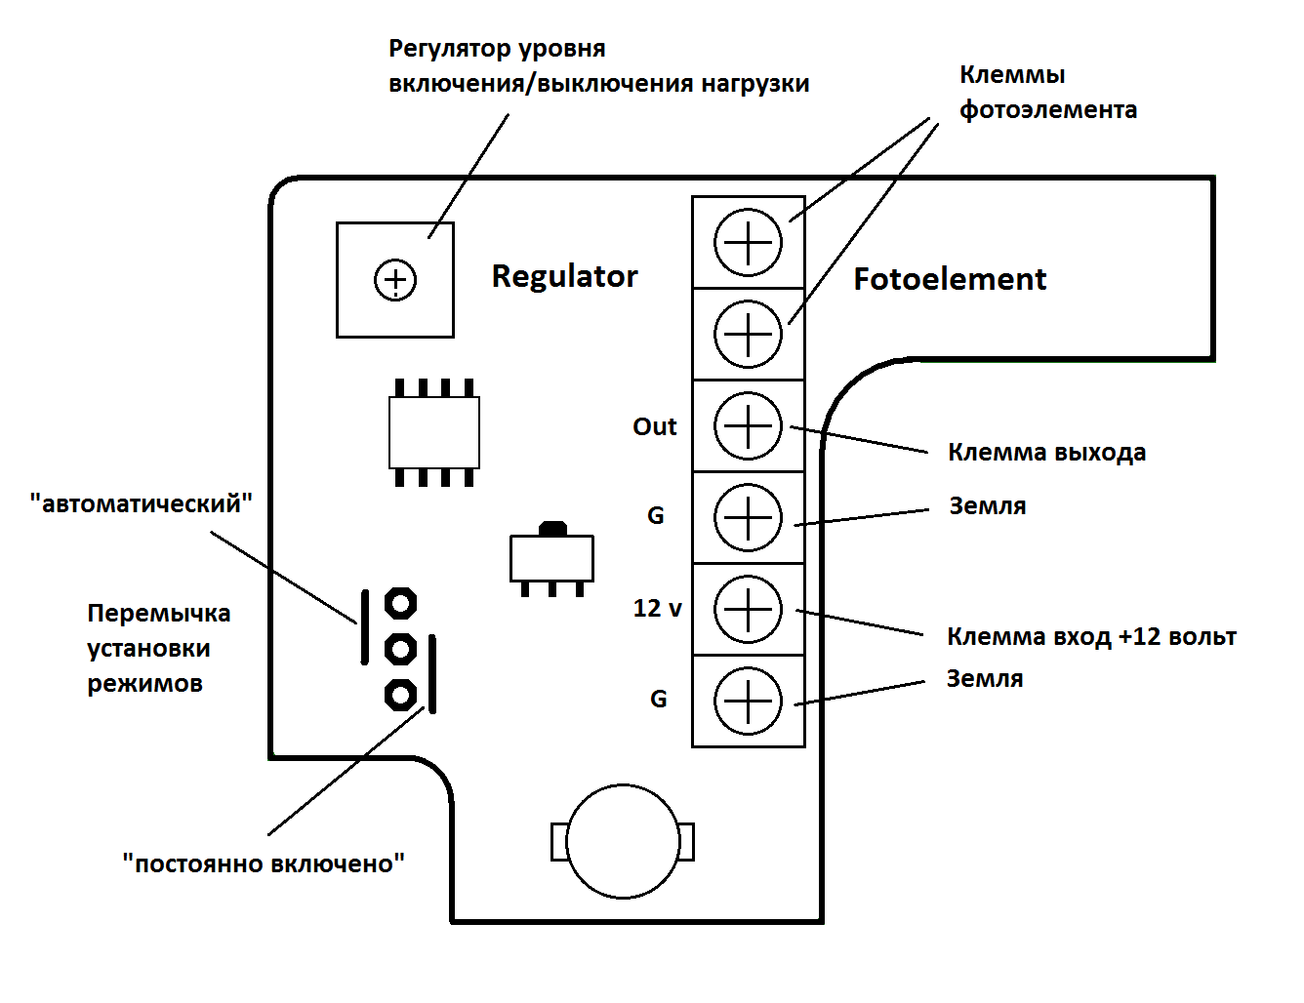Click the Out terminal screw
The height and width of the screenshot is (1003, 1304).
click(x=748, y=426)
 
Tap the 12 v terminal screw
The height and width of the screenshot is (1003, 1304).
click(x=748, y=610)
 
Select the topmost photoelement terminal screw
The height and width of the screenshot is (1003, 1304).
click(x=748, y=242)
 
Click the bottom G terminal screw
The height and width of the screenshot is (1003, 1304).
click(x=748, y=702)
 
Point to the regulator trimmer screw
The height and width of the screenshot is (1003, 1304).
click(x=395, y=280)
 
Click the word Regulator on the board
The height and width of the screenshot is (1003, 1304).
click(x=565, y=277)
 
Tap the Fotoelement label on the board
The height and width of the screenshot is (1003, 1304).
click(x=950, y=279)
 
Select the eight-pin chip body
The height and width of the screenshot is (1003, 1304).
click(x=434, y=432)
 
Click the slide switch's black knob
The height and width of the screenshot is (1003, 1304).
click(x=552, y=529)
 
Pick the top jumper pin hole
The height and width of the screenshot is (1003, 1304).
click(x=400, y=604)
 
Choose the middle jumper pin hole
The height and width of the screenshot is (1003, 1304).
click(x=400, y=649)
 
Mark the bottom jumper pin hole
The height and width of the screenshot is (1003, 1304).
click(x=400, y=696)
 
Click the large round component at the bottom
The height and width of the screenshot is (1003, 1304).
click(x=623, y=842)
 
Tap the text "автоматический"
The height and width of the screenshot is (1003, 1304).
click(x=142, y=503)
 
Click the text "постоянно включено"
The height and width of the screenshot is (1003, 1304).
click(x=264, y=863)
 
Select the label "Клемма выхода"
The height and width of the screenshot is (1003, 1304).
click(x=1046, y=453)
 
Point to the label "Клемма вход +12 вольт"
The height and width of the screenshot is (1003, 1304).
click(x=1091, y=636)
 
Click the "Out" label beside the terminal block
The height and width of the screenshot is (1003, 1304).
click(x=655, y=426)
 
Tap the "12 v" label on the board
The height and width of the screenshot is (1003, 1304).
click(x=658, y=608)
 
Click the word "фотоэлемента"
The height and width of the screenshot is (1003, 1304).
click(x=1047, y=110)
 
